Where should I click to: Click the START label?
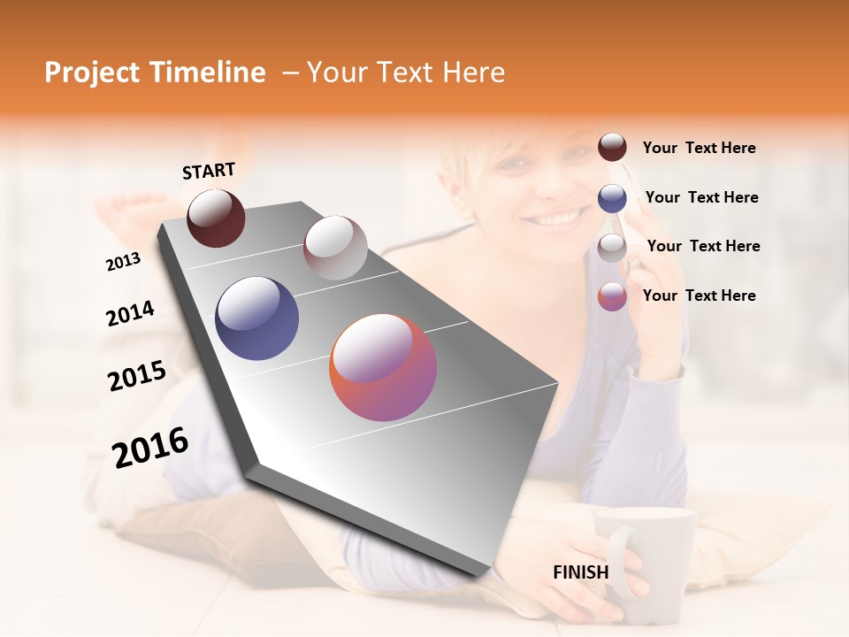pyautogui.click(x=209, y=170)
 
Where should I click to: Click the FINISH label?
pyautogui.click(x=580, y=572)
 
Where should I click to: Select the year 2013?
pyautogui.click(x=123, y=262)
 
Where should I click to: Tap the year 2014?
pyautogui.click(x=130, y=313)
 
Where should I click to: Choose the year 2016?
pyautogui.click(x=150, y=447)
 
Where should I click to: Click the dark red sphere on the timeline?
pyautogui.click(x=216, y=218)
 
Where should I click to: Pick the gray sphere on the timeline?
pyautogui.click(x=335, y=248)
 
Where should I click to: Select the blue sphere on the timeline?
pyautogui.click(x=257, y=318)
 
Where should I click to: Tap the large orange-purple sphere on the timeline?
pyautogui.click(x=383, y=367)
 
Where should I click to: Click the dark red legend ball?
pyautogui.click(x=612, y=147)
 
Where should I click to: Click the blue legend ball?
pyautogui.click(x=612, y=197)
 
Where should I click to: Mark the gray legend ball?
pyautogui.click(x=612, y=247)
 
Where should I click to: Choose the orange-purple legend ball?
pyautogui.click(x=612, y=296)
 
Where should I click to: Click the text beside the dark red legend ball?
pyautogui.click(x=699, y=148)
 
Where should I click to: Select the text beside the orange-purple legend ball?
pyautogui.click(x=699, y=295)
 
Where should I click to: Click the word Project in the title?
pyautogui.click(x=92, y=73)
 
